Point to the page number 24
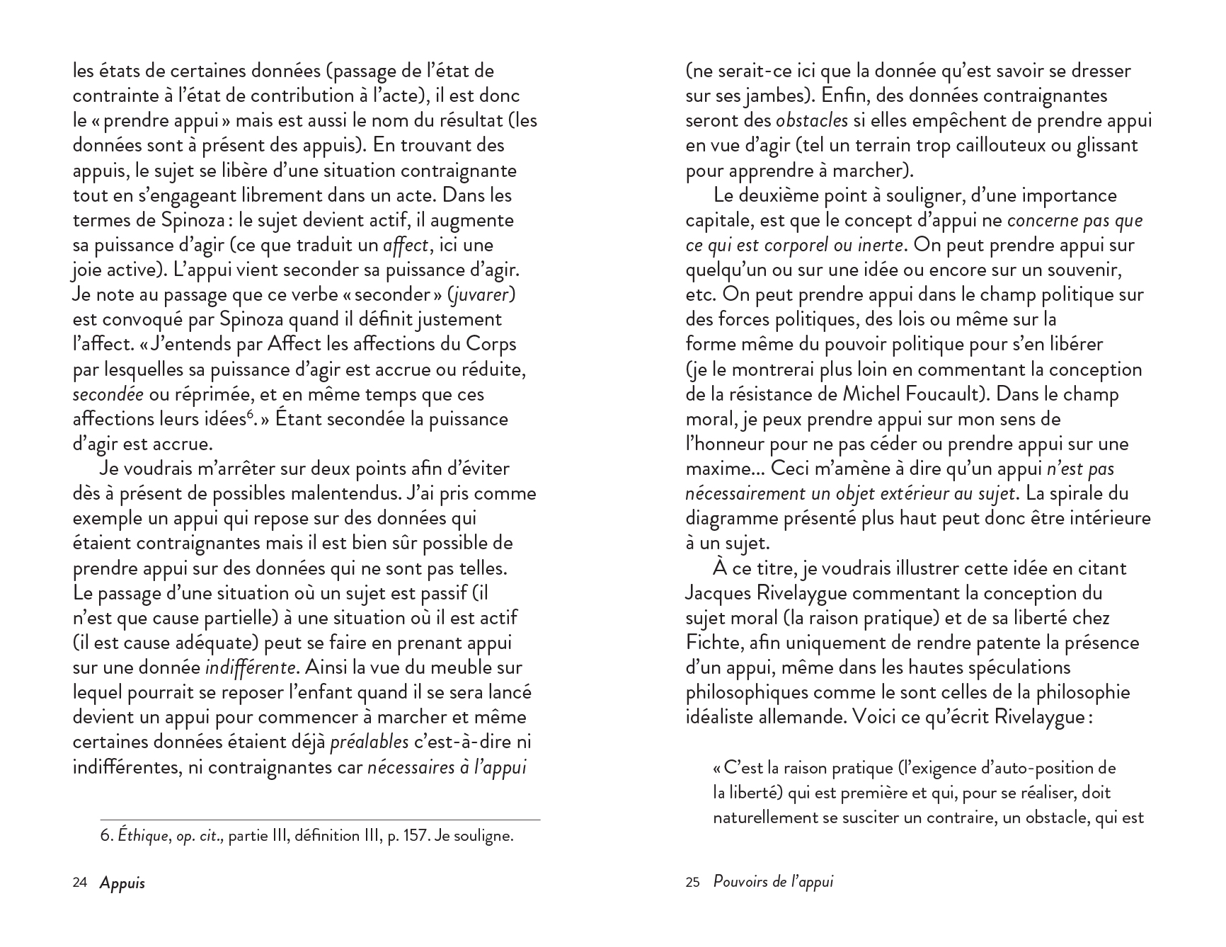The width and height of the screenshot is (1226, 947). pos(80,883)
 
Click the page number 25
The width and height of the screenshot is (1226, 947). pos(692,883)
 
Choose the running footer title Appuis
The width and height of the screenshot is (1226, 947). pos(122,883)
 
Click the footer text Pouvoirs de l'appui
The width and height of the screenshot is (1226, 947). pos(774,882)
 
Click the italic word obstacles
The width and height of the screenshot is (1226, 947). pos(812,120)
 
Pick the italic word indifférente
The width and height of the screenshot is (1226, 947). pos(250,667)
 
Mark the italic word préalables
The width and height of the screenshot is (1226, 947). pos(369,742)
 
